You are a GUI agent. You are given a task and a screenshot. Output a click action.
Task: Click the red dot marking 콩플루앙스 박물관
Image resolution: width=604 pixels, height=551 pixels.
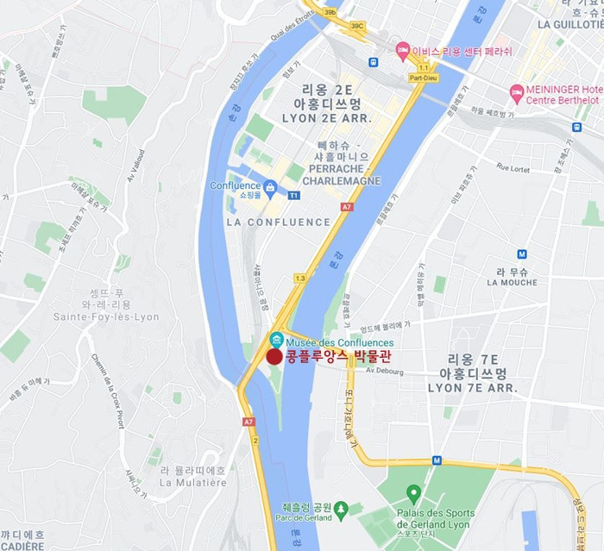coord(274,357)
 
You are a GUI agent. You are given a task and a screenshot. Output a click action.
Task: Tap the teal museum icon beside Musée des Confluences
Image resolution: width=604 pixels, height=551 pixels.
coord(277,338)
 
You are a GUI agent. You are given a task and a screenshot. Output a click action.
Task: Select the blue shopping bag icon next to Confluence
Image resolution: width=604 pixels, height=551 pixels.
coord(271,185)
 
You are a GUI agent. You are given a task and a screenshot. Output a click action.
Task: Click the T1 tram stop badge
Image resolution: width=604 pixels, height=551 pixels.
coord(293,196)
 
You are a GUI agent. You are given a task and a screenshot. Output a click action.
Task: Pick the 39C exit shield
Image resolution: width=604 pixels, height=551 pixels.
coord(358,26)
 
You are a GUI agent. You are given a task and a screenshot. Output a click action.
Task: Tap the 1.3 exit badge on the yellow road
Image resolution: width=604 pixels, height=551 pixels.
coord(300,279)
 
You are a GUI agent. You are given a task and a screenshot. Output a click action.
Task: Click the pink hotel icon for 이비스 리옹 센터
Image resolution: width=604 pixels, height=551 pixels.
coord(402,50)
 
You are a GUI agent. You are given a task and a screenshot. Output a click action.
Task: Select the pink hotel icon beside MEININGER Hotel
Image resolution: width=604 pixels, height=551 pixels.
coord(517,91)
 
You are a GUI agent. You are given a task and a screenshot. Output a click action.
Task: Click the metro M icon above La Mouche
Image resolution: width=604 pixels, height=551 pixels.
coord(522,254)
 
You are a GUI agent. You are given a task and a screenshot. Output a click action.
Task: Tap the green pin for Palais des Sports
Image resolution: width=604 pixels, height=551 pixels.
coord(413,492)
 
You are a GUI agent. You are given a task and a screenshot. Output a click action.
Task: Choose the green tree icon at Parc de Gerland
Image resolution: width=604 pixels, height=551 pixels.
coord(342,509)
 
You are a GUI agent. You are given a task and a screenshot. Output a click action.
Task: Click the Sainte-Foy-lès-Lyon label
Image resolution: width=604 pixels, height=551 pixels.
coord(106,316)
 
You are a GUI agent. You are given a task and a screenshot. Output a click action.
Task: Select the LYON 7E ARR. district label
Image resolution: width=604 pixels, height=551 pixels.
coord(472,389)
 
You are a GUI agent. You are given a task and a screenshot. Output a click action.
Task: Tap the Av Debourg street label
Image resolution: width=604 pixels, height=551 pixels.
coord(384,371)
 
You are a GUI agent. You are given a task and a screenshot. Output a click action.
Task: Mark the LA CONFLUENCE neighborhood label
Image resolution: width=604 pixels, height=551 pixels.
coord(278,222)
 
